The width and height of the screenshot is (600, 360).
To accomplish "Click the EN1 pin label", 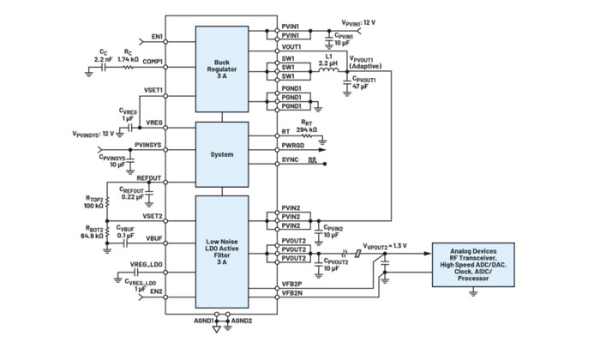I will (156, 37).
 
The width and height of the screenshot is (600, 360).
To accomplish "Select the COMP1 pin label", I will (153, 62).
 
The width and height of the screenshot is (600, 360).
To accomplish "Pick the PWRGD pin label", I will (294, 147).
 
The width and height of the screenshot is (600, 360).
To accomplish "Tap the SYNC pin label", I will (290, 160).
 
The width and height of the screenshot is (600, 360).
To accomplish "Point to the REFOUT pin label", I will (151, 179).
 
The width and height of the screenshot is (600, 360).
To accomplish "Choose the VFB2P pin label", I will (292, 282).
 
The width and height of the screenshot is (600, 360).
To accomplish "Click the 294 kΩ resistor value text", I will (306, 129).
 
